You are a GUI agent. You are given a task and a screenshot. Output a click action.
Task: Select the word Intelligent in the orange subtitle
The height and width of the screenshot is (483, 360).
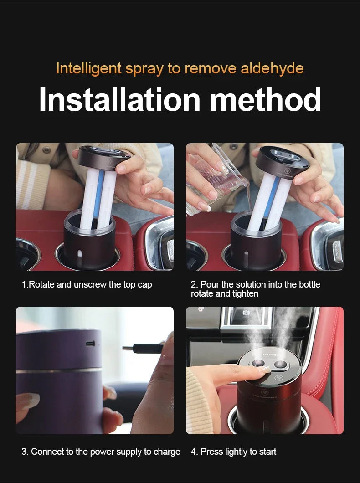[x=89, y=68]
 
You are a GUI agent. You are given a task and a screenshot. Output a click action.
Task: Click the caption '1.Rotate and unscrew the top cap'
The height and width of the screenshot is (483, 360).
[x=87, y=284]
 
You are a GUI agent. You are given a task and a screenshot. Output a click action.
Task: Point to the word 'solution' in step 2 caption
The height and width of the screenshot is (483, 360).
[x=250, y=284]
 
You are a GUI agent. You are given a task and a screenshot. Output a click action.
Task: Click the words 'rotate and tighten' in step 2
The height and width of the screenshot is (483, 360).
[x=225, y=294]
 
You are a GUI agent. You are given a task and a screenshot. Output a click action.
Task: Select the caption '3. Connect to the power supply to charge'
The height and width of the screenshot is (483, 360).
[x=101, y=452]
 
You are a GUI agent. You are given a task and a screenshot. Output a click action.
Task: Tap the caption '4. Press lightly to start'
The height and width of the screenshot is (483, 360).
[x=233, y=452]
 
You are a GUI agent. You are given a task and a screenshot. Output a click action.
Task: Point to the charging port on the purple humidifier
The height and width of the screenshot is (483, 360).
[x=90, y=343]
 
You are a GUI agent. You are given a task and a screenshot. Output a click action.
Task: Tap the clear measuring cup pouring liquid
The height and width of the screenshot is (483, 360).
[x=214, y=175]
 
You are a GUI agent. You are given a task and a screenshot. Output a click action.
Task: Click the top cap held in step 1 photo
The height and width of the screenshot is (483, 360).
[x=104, y=158]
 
